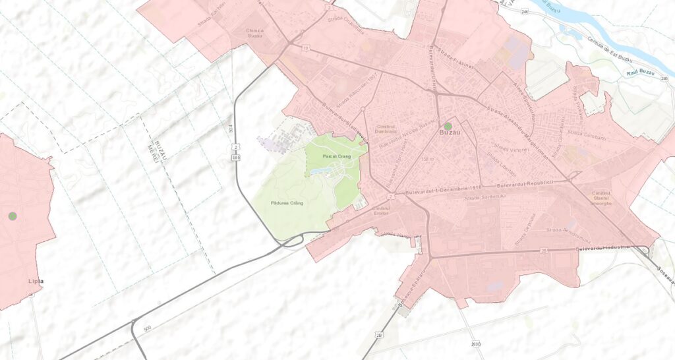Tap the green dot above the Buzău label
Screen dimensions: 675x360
point(448,125)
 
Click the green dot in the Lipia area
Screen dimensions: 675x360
point(13,216)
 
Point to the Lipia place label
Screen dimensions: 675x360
point(36,282)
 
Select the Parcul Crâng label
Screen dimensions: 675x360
point(334,156)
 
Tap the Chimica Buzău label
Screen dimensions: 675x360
point(254,34)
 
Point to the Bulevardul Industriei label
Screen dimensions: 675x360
point(603,249)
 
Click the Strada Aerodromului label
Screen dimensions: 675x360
point(566,230)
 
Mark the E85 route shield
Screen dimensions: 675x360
point(235,158)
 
